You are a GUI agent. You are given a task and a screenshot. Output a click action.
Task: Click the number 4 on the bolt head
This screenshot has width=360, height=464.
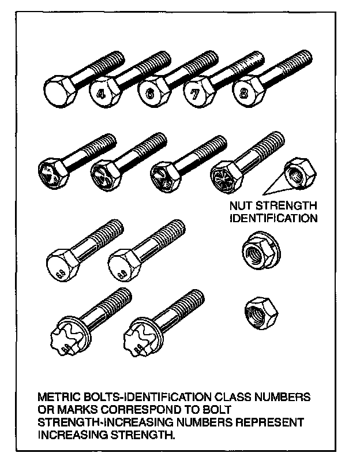click(101, 92)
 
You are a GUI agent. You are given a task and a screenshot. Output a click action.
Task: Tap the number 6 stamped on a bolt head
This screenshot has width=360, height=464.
click(149, 93)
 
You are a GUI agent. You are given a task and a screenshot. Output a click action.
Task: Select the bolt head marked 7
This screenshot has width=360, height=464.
click(196, 94)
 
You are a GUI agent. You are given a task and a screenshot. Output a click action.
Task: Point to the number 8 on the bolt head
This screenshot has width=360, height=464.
click(245, 92)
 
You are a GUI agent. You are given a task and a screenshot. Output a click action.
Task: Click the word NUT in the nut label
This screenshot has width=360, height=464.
click(242, 206)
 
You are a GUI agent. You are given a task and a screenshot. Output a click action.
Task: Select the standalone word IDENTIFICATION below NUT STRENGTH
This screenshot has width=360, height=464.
click(273, 218)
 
